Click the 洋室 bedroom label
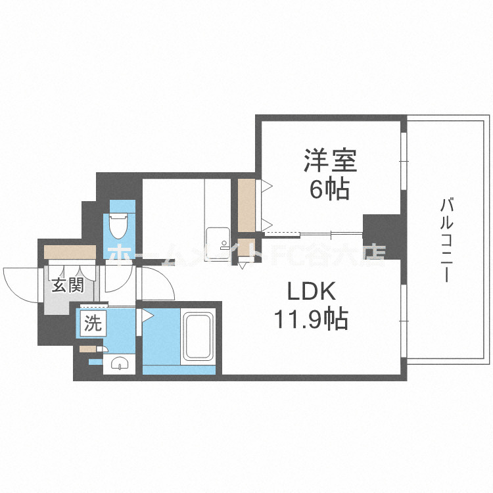329,160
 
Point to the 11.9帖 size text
311,320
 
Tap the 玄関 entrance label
67,286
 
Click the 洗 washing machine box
91,323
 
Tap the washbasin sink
119,363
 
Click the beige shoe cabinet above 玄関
70,251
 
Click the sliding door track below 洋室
314,232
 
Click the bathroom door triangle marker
148,316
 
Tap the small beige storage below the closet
245,250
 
